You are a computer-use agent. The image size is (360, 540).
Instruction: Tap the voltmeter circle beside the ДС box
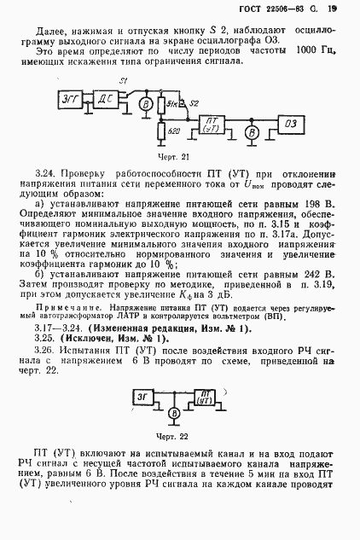tap(145, 104)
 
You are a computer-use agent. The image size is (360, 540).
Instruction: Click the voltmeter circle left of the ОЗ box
tap(252, 131)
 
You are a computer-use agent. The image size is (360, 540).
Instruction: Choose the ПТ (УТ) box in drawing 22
tap(204, 397)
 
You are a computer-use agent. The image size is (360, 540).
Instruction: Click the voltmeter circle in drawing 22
tap(173, 412)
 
